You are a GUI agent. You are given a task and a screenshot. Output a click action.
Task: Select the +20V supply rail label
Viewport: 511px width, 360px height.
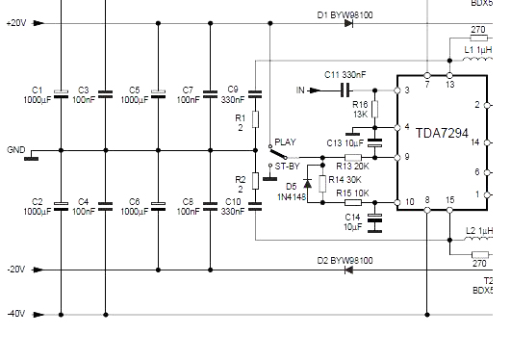tap(15, 23)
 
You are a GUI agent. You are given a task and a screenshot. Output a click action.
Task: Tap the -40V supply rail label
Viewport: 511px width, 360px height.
tap(15, 314)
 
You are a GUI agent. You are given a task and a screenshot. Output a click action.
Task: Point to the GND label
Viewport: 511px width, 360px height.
tap(15, 151)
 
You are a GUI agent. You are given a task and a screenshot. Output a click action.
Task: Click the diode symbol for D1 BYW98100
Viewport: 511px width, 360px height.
tap(347, 23)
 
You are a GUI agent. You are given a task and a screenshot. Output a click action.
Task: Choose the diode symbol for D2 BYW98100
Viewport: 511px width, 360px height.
tap(347, 270)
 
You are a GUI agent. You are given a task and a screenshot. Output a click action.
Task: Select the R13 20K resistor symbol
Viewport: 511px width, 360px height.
tap(352, 157)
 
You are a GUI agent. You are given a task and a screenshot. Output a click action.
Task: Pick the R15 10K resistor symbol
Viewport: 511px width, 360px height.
tap(352, 202)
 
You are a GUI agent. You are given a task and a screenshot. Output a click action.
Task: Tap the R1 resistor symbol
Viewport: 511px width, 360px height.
tap(255, 119)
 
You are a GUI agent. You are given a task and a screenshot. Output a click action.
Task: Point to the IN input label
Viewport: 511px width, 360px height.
tap(300, 90)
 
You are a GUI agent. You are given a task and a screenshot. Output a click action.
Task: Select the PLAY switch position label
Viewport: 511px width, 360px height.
tap(285, 141)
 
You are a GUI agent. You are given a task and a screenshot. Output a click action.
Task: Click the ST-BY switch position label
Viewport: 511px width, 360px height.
tap(288, 166)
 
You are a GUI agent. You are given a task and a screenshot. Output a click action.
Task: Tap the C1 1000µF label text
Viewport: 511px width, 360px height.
tap(38, 94)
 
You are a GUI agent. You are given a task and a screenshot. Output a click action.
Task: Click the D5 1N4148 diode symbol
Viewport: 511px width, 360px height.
tap(308, 182)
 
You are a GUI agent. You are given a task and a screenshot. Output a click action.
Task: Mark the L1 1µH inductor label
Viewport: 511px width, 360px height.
tap(477, 48)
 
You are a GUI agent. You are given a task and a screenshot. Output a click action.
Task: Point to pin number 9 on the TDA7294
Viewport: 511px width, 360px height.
tap(407, 157)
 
